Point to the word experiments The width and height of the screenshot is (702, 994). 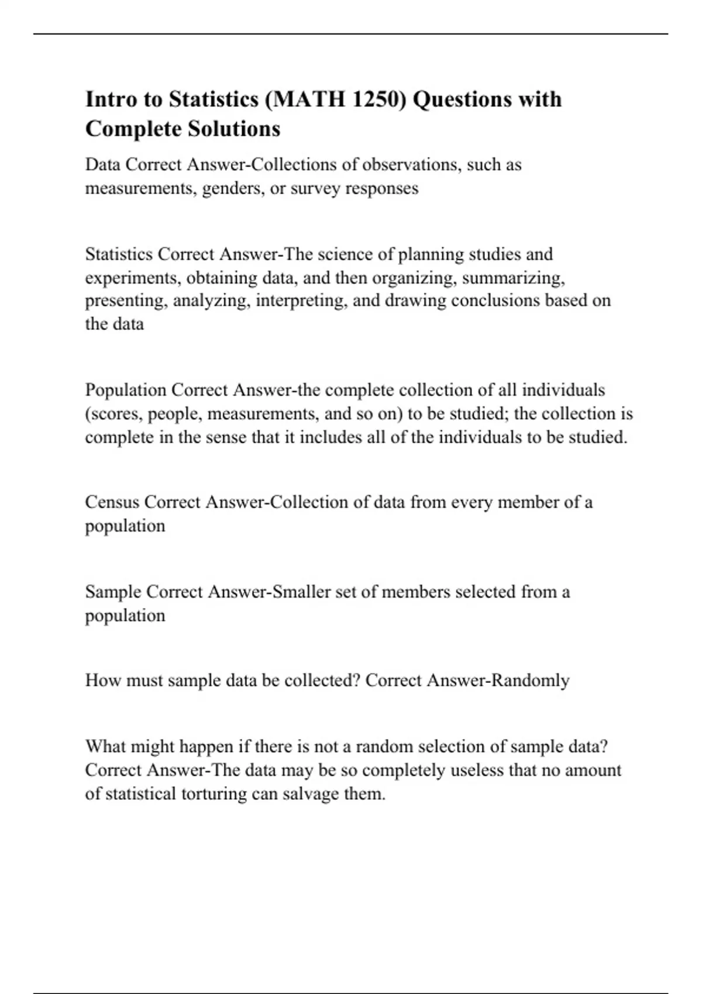click(x=133, y=278)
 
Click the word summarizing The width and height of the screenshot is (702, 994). click(x=513, y=278)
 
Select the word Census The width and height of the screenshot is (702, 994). click(x=112, y=502)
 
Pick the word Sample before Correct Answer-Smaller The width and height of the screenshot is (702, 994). click(x=113, y=592)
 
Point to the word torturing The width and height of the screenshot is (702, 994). click(x=213, y=794)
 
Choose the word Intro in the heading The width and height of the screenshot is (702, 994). click(x=112, y=99)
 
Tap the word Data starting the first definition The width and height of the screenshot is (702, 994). click(x=103, y=164)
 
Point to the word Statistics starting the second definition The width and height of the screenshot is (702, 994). click(x=119, y=254)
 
